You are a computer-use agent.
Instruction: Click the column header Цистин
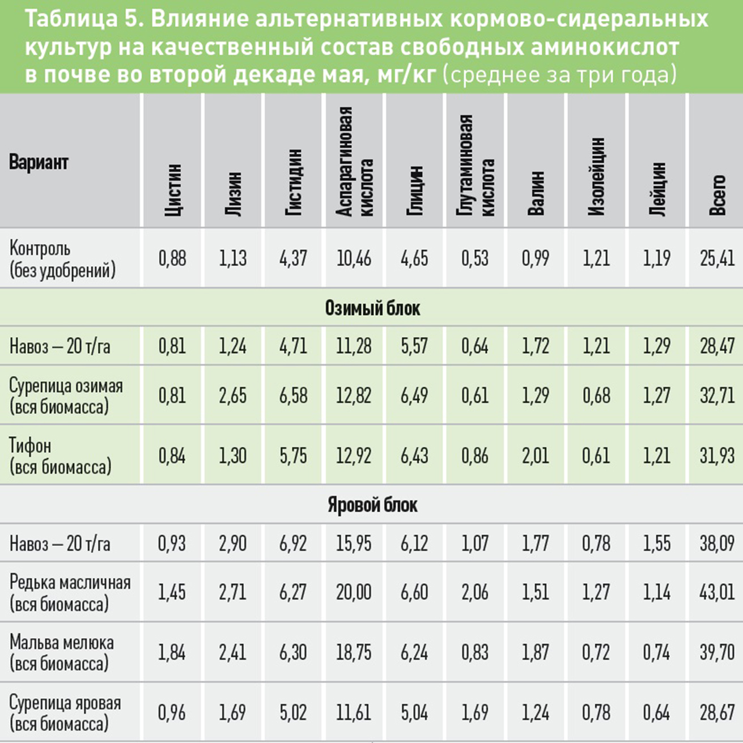pos(173,190)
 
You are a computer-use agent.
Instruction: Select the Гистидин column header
pos(294,182)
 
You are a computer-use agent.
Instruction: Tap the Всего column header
pos(717,195)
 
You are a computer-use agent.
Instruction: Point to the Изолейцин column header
pos(596,176)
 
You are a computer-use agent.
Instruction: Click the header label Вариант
pos(39,162)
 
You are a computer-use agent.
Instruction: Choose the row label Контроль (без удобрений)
pos(62,259)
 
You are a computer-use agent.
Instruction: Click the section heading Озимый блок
pos(372,308)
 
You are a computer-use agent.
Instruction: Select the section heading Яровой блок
pos(372,505)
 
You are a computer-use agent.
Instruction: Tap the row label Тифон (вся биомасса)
pos(60,456)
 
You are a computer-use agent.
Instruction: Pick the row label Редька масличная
pos(70,582)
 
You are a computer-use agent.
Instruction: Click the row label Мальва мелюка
pos(62,642)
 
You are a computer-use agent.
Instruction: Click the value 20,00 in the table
pos(354,592)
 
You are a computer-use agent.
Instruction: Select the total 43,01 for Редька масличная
pos(717,592)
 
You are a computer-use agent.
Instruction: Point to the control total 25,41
pos(717,258)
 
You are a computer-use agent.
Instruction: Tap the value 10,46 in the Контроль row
pos(354,258)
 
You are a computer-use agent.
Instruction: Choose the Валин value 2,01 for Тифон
pos(536,456)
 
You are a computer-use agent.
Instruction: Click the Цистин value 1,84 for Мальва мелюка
pos(172,653)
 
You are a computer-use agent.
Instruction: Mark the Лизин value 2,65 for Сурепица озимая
pos(232,396)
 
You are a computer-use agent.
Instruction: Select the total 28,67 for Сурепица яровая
pos(717,713)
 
